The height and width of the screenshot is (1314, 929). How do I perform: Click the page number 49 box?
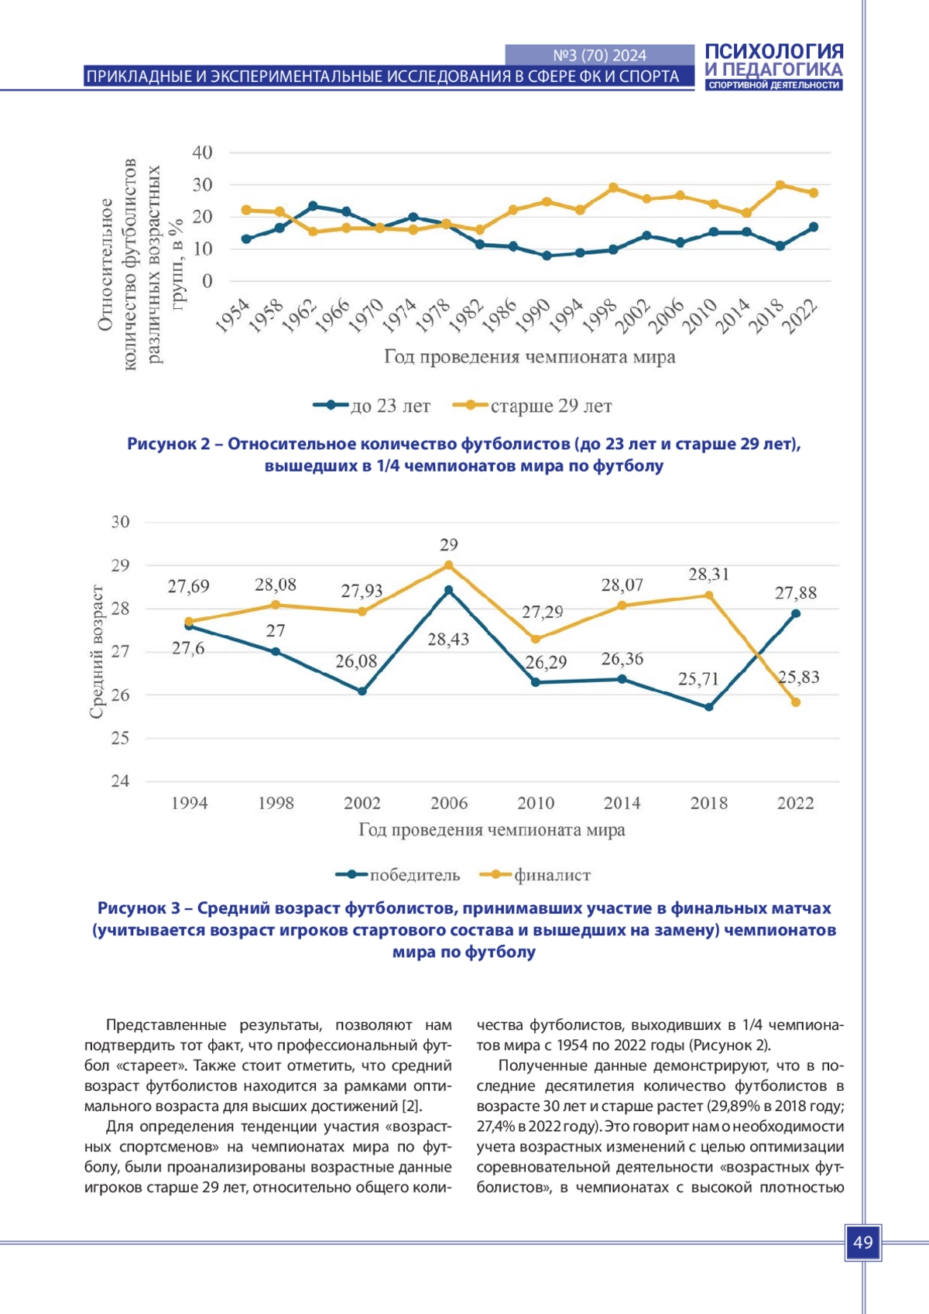pos(862,1243)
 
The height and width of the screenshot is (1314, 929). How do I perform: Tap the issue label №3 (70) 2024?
pos(599,55)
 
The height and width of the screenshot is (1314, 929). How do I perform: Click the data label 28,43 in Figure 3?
pos(448,640)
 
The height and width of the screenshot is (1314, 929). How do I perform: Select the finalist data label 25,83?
pos(798,678)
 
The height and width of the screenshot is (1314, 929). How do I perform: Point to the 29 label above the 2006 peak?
pos(449,545)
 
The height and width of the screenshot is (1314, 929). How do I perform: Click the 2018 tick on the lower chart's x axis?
pos(708,803)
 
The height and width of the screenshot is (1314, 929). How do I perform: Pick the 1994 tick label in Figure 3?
pos(189,803)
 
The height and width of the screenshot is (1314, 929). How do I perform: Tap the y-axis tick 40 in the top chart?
pos(202,153)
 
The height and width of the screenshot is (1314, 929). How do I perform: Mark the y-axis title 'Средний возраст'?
pos(97,652)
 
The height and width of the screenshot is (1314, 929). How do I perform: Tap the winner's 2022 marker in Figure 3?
pos(795,614)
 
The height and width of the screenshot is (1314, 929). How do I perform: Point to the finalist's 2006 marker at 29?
pos(448,565)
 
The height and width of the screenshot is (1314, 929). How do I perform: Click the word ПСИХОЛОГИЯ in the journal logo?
pos(773,52)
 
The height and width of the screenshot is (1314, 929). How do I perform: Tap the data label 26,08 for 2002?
pos(356,662)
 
